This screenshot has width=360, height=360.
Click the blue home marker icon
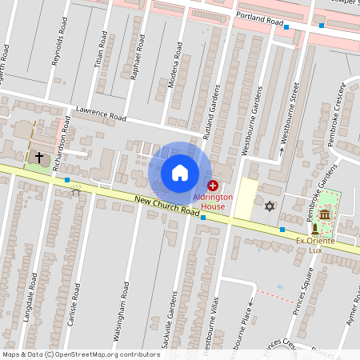tap(180, 173)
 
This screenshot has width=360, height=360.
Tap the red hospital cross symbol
tap(212, 185)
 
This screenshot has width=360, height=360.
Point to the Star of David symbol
tap(270, 206)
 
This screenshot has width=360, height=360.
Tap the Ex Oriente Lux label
tap(314, 245)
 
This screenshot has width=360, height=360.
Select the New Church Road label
tap(166, 207)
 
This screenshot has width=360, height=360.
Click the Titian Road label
tap(102, 50)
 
